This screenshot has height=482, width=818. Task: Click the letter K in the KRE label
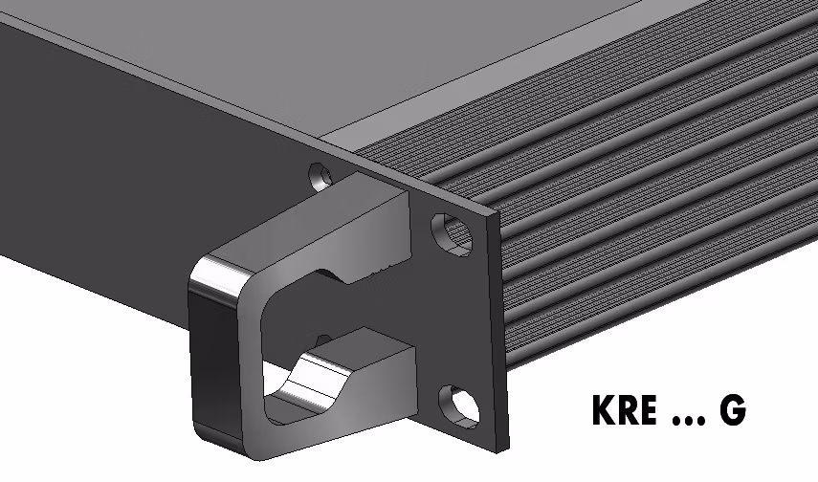[x=604, y=410]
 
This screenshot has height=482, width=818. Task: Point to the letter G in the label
[x=733, y=410]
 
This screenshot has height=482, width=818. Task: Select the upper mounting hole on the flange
[x=452, y=234]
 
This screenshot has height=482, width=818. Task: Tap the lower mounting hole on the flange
[x=459, y=406]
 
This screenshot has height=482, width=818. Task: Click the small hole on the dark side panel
[x=320, y=176]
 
